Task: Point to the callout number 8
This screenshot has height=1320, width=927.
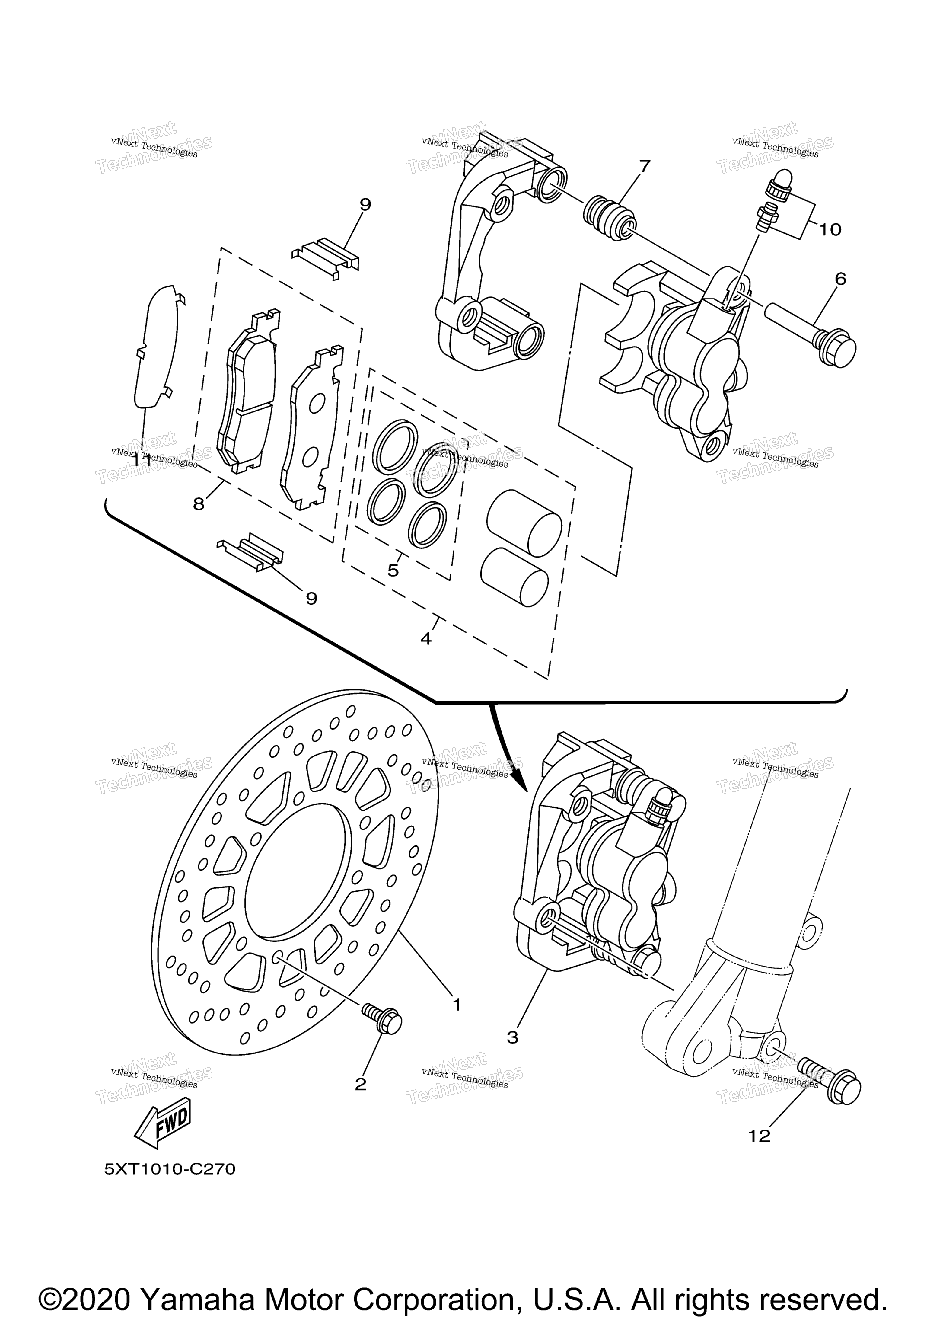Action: point(198,504)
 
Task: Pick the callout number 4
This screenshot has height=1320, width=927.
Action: point(426,638)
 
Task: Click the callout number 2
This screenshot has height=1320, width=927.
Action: point(360,1084)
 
